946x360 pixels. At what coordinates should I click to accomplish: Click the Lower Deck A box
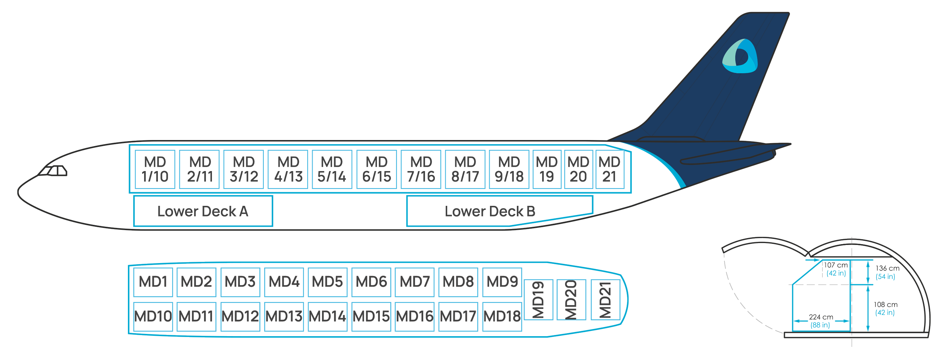(x=203, y=211)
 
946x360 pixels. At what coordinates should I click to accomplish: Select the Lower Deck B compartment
(x=499, y=211)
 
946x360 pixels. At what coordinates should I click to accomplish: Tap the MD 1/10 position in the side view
(x=155, y=169)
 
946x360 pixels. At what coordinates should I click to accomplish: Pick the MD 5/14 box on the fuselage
(x=332, y=169)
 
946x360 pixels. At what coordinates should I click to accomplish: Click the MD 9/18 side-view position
(x=509, y=169)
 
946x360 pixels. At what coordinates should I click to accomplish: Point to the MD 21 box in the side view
(x=610, y=169)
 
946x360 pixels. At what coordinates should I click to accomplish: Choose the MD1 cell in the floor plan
(x=153, y=282)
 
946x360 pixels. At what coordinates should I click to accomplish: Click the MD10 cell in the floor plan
(x=153, y=316)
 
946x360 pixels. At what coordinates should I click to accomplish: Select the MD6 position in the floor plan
(x=371, y=282)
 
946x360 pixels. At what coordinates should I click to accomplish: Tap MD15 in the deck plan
(x=371, y=316)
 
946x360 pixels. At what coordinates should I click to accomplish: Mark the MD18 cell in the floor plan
(x=502, y=316)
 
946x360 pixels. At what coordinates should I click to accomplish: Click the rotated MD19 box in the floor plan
(x=538, y=299)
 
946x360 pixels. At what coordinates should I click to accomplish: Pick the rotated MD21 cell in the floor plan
(x=605, y=299)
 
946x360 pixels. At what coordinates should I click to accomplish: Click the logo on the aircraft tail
(x=740, y=56)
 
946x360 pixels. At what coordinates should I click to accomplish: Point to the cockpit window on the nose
(x=53, y=171)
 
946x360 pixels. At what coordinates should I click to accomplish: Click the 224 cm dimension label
(x=821, y=317)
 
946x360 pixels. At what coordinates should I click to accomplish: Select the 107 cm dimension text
(x=836, y=265)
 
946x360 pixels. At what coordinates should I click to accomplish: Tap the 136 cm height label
(x=887, y=268)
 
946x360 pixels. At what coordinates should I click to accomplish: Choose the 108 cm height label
(x=885, y=304)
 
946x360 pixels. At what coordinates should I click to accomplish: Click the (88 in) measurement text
(x=820, y=325)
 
